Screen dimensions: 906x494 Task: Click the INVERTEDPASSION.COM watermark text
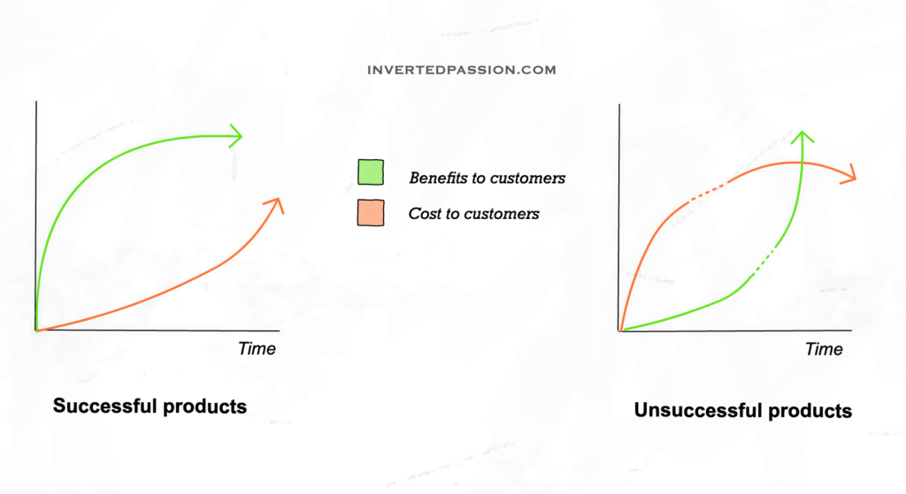click(462, 70)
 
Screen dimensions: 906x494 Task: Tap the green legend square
click(371, 172)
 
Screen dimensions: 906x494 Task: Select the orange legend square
click(371, 212)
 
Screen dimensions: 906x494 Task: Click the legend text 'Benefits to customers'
click(488, 178)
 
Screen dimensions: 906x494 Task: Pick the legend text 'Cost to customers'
click(474, 214)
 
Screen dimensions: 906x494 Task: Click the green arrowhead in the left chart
click(235, 136)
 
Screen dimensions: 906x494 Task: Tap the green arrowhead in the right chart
click(802, 137)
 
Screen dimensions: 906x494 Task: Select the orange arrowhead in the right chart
click(848, 174)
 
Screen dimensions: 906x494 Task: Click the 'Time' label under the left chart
click(257, 348)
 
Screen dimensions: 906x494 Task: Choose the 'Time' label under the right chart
click(824, 349)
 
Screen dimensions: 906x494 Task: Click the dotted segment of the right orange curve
click(707, 192)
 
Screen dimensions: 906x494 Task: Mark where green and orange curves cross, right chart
click(802, 163)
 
